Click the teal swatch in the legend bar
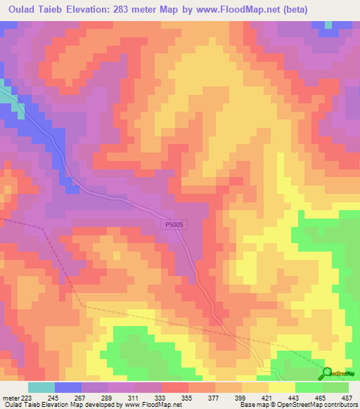[41, 387]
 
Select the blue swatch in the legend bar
[68, 387]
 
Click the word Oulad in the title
[21, 9]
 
